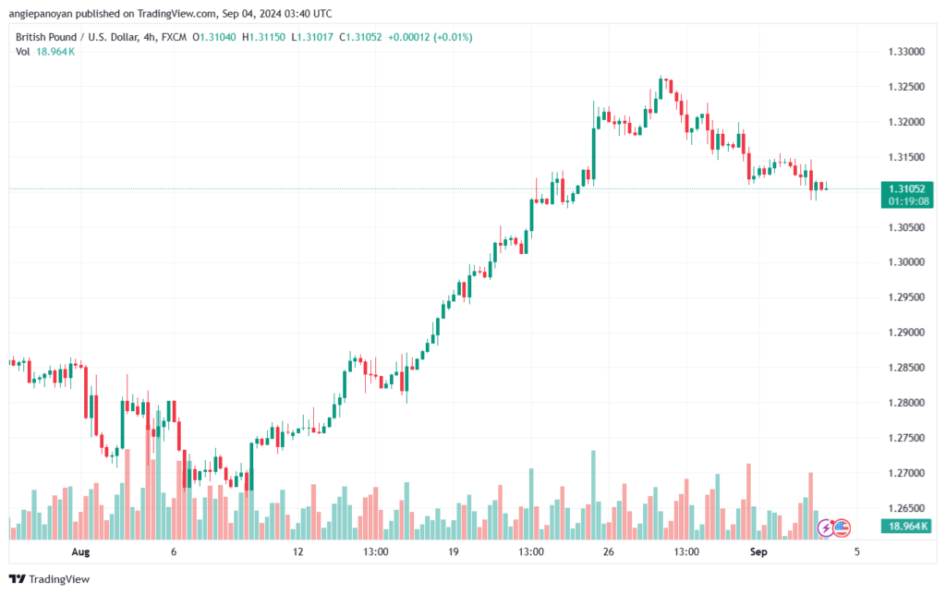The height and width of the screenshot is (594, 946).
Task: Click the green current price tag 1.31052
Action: (904, 188)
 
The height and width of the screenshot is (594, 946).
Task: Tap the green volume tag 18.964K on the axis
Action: (904, 526)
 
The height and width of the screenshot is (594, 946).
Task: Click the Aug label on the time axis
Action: (80, 552)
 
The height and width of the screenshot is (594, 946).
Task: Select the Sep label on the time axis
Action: (758, 552)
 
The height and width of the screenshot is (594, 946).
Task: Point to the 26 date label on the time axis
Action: (607, 552)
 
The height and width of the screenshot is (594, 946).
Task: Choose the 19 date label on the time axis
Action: (453, 552)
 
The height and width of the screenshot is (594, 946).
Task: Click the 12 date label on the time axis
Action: (297, 552)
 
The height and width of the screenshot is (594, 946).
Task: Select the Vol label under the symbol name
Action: (22, 52)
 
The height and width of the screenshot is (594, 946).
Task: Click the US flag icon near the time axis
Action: (840, 528)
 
